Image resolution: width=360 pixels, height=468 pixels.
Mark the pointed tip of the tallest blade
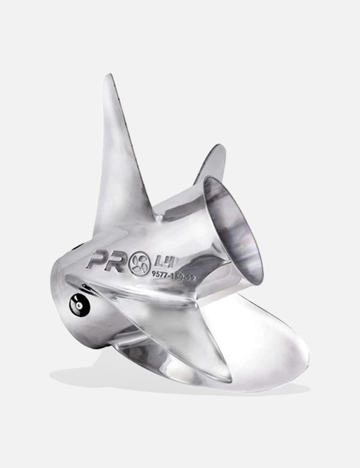click(107, 77)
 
